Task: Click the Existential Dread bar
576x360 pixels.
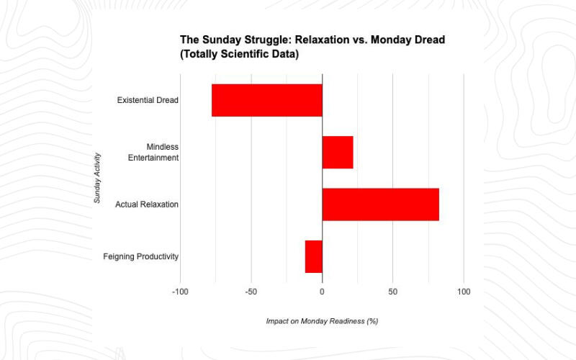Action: [267, 100]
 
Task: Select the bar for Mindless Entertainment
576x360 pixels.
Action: [338, 152]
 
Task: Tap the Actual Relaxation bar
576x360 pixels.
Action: [380, 204]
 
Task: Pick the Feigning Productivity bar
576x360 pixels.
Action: [314, 256]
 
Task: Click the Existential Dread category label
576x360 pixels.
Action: [148, 100]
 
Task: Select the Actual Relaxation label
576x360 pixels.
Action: [147, 205]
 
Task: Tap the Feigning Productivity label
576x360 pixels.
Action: [140, 257]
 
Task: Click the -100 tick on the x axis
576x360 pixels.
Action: [180, 292]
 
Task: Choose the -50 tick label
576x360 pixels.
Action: [251, 292]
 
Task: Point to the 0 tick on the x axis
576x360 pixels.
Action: [322, 292]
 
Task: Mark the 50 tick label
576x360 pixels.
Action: [392, 292]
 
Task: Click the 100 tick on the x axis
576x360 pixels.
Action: [464, 292]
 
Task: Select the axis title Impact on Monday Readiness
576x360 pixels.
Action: [322, 321]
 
